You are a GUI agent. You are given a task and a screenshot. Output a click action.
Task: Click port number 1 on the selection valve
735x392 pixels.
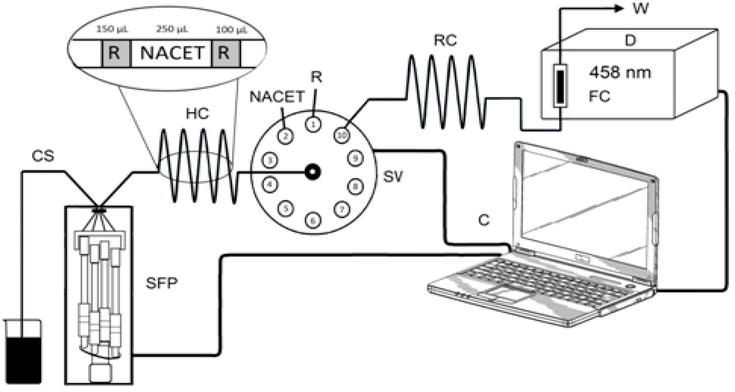point(313,124)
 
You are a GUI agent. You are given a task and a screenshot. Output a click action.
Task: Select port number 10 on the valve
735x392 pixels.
point(342,135)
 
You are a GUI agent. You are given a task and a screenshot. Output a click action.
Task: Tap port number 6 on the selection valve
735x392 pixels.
point(313,220)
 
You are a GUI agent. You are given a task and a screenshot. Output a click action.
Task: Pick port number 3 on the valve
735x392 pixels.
point(270,160)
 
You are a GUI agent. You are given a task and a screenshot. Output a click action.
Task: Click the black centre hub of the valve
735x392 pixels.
point(313,172)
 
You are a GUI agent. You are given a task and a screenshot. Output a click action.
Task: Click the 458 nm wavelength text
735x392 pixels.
point(620,73)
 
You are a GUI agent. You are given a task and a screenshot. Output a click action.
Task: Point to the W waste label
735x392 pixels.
point(640,9)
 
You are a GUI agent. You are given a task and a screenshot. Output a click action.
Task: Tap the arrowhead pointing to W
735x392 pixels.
point(619,9)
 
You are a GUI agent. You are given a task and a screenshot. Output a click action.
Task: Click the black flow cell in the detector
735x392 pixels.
point(560,86)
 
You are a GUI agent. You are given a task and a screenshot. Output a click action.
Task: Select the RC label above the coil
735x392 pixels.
point(445,40)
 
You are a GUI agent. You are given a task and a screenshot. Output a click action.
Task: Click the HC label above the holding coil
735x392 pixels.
point(197,114)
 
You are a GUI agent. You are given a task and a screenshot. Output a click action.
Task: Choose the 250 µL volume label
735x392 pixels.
point(172,29)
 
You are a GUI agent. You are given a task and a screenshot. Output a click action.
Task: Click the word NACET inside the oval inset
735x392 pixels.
point(172,53)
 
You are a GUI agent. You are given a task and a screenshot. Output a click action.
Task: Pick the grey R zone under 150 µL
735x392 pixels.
point(116,53)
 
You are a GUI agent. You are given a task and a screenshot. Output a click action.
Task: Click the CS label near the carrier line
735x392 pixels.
point(43,156)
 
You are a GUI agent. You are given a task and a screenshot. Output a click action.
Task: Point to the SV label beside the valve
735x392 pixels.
point(393,176)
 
